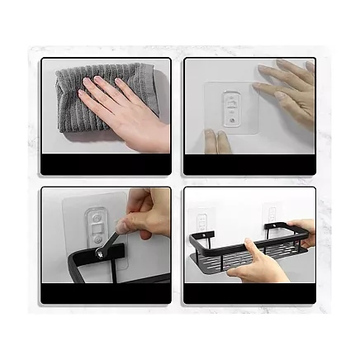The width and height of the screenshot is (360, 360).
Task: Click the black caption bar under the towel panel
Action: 106,165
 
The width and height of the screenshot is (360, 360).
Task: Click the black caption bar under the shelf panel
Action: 249,295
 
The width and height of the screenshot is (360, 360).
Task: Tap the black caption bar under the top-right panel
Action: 249,165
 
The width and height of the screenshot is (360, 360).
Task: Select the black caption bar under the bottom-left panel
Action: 106,295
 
